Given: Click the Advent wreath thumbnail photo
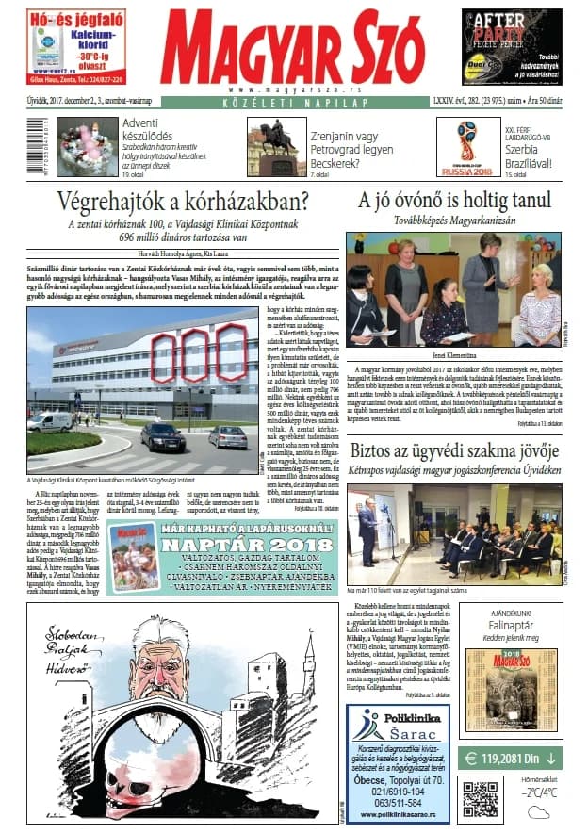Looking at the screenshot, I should tap(87, 147).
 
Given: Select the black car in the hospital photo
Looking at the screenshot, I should tap(162, 436).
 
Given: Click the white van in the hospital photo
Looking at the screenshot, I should tap(49, 421).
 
